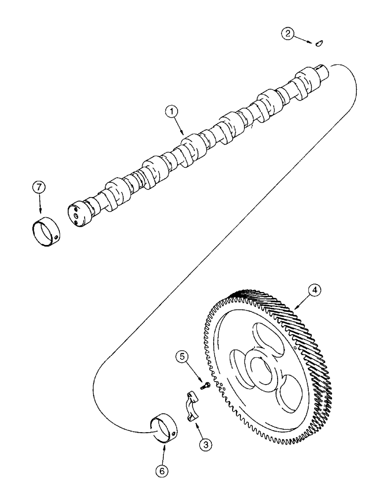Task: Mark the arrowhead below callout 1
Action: (184, 134)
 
